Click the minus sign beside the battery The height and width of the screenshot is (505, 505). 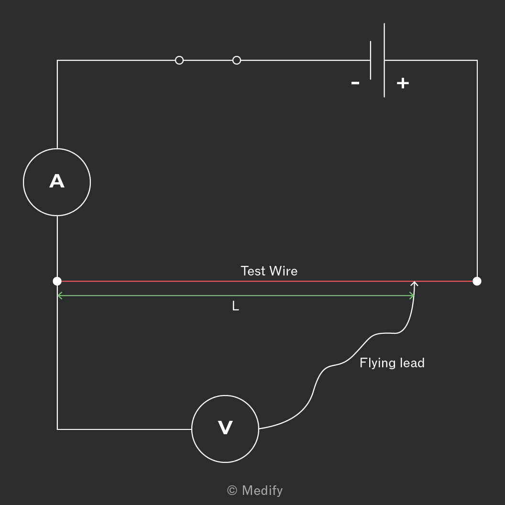(x=355, y=83)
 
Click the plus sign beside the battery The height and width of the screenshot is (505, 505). (x=403, y=83)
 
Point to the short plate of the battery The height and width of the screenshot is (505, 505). (x=371, y=60)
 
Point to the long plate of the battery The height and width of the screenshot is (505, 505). (x=384, y=60)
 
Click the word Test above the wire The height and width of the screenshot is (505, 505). (x=253, y=271)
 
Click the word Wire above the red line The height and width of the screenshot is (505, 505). (x=284, y=271)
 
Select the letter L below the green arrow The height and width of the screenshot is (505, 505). (x=235, y=306)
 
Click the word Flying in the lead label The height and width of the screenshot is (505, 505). (x=377, y=363)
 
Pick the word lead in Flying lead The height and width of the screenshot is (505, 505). (x=412, y=363)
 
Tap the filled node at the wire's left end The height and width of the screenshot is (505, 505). (x=57, y=281)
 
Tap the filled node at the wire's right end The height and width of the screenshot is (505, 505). (x=477, y=281)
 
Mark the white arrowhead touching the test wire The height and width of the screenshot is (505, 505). (x=415, y=284)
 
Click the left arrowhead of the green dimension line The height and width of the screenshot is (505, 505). (x=59, y=296)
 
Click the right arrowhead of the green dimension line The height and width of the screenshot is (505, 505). (x=412, y=296)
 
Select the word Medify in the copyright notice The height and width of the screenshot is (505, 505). (x=262, y=491)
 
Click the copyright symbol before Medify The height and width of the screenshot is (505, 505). (x=232, y=491)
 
